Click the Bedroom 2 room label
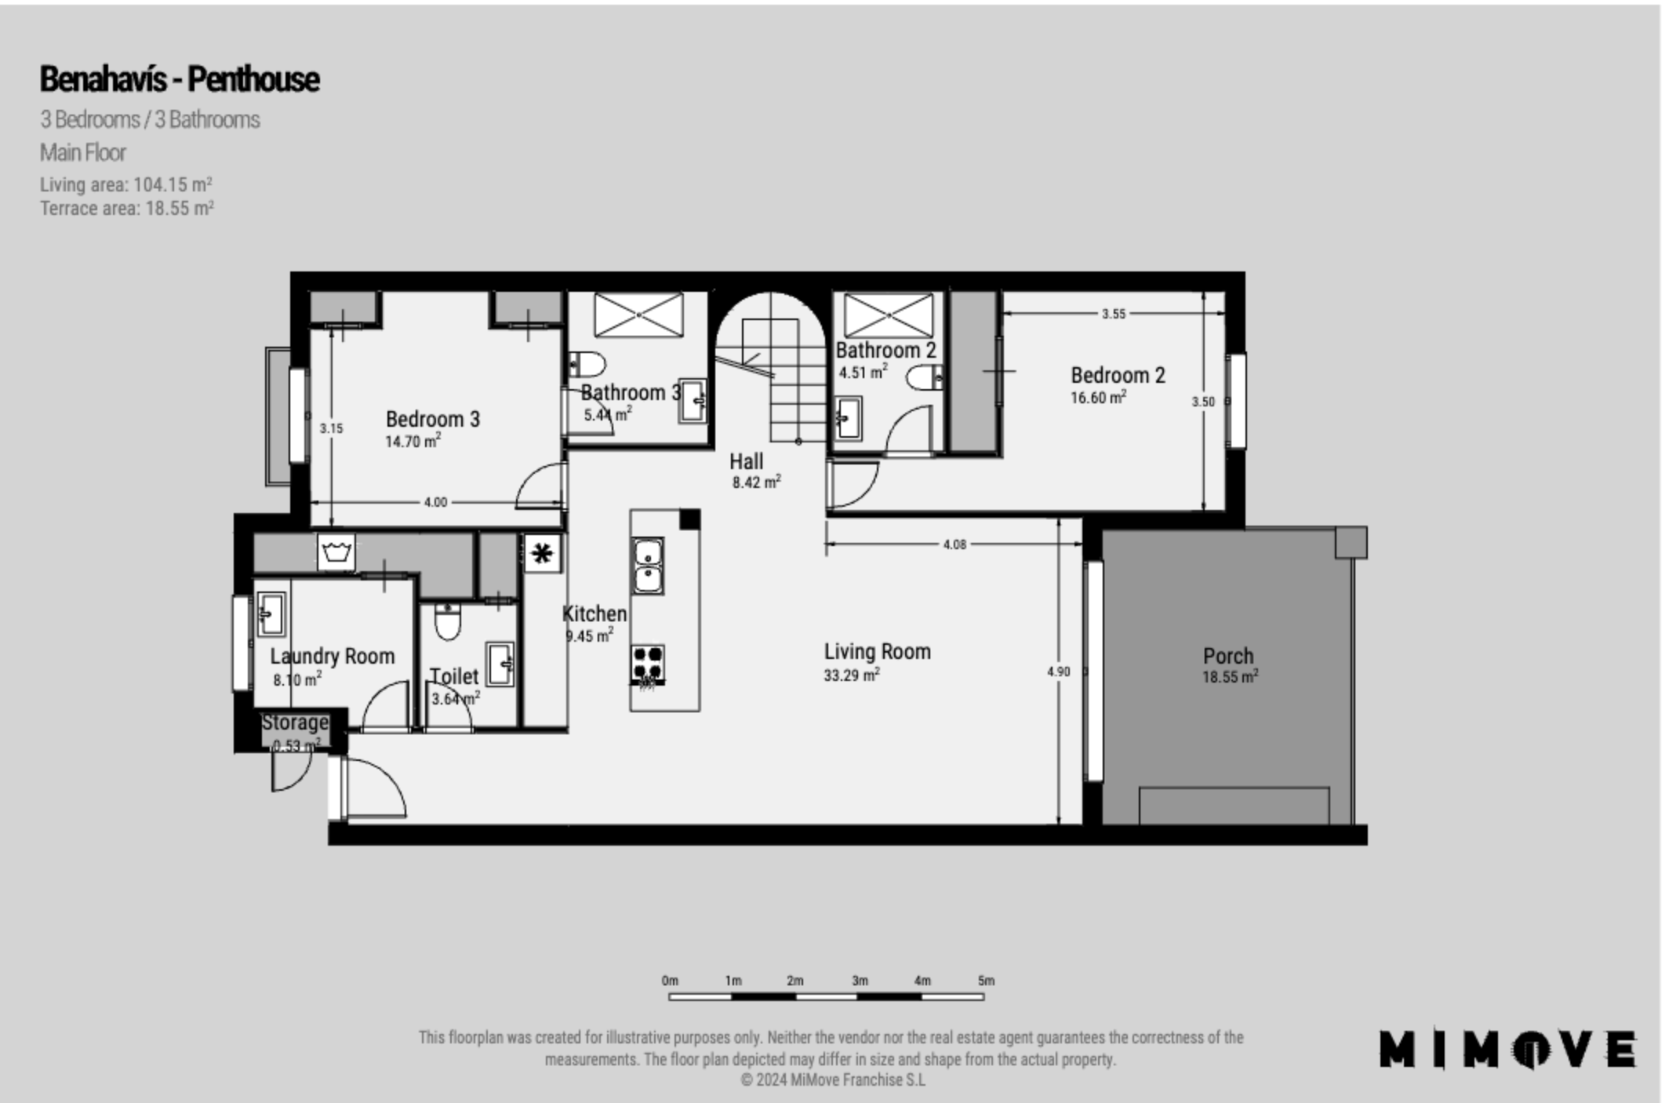pos(1118,376)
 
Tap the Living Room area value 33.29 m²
pos(851,675)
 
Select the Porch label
pos(1228,656)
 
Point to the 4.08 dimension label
pos(954,544)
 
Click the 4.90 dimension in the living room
pos(1058,672)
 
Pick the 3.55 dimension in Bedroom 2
pos(1113,314)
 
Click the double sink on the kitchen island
pos(648,566)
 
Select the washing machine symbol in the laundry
pos(336,552)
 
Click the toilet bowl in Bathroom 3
pos(587,364)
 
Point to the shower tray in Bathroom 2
pos(889,315)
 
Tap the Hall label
pos(746,461)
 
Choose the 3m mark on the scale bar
pos(860,981)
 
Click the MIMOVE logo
pos(1508,1049)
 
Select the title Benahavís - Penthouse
pos(180,79)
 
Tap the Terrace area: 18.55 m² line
pos(127,208)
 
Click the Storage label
pos(295,722)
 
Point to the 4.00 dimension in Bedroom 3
pos(435,502)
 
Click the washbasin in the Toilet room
pos(500,664)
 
